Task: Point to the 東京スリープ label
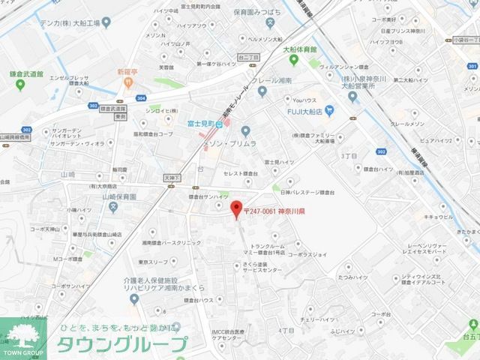pyautogui.click(x=154, y=262)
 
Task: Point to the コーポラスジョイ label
pyautogui.click(x=306, y=254)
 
